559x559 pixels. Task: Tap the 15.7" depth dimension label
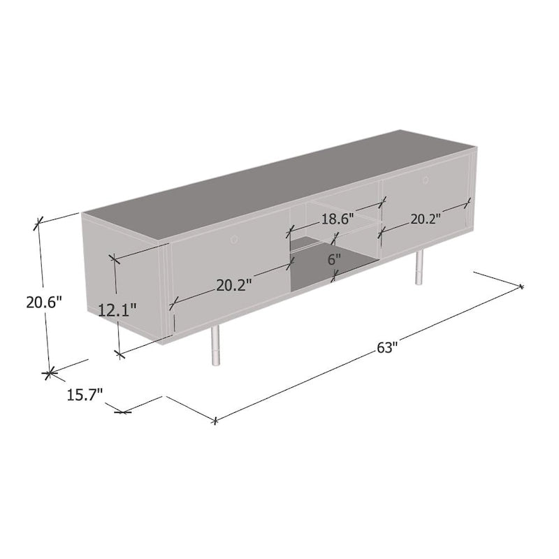tap(85, 395)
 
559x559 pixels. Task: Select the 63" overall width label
tap(386, 347)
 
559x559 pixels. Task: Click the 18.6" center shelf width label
tap(337, 218)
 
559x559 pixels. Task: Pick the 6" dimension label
tap(335, 259)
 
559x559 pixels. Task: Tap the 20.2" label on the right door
tap(425, 219)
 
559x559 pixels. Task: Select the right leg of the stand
tap(419, 268)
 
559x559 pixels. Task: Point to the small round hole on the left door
tap(234, 240)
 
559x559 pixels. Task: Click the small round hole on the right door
tap(424, 181)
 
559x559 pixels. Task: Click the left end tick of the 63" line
tap(216, 421)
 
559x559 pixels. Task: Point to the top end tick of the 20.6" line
tap(38, 224)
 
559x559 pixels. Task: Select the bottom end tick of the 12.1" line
tap(121, 354)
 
